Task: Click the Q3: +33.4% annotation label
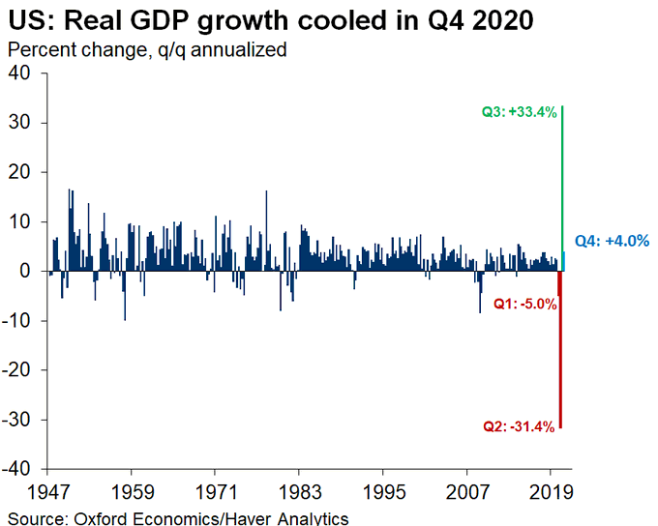pyautogui.click(x=520, y=112)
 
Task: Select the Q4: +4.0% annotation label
pyautogui.click(x=612, y=241)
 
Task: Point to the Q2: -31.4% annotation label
pyautogui.click(x=519, y=425)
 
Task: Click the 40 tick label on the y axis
pyautogui.click(x=20, y=73)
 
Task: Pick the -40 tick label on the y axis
pyautogui.click(x=16, y=469)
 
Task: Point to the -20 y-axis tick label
pyautogui.click(x=16, y=370)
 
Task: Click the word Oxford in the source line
pyautogui.click(x=105, y=518)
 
